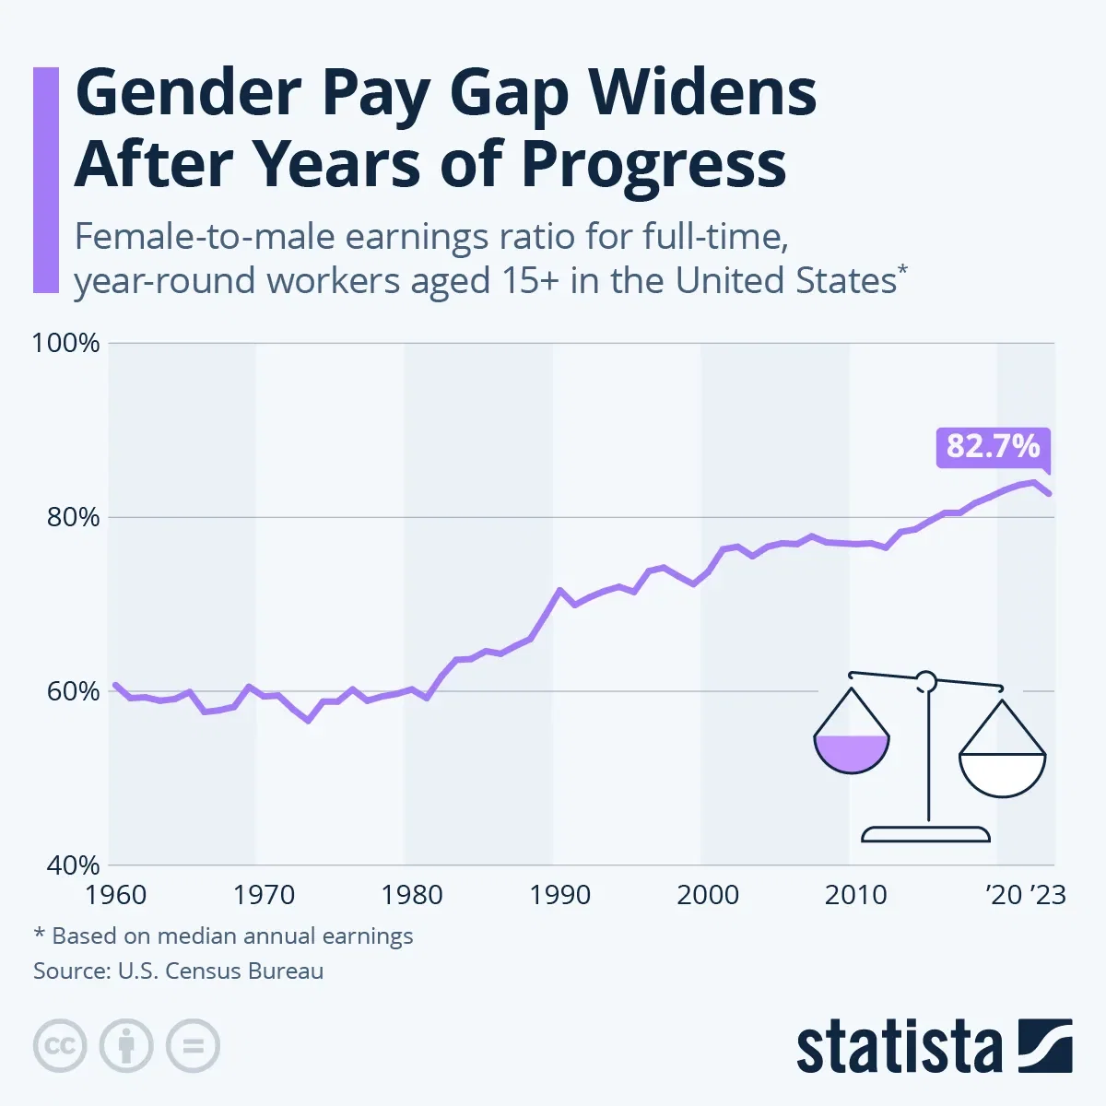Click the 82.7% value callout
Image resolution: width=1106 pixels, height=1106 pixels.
993,447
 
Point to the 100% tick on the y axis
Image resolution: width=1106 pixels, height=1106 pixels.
65,344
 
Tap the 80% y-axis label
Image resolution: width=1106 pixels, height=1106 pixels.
71,517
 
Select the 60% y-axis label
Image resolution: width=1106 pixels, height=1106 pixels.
71,691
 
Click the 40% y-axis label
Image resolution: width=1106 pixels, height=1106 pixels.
71,865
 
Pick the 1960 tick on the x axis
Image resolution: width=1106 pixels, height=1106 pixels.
115,895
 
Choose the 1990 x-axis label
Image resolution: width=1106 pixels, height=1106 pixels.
560,895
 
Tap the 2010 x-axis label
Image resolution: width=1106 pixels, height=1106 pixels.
856,895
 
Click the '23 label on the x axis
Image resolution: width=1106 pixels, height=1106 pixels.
1048,895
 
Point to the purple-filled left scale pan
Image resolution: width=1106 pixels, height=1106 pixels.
852,751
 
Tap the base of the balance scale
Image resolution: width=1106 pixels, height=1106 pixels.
925,834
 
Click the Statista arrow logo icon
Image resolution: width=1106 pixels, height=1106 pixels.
1045,1046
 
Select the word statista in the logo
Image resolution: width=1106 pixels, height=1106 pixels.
899,1048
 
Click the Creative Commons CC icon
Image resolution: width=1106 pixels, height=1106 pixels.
60,1046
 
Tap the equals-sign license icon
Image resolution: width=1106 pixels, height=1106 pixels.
193,1046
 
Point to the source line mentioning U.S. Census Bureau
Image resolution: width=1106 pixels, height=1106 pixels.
179,971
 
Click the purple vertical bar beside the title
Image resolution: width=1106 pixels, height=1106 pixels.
45,180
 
